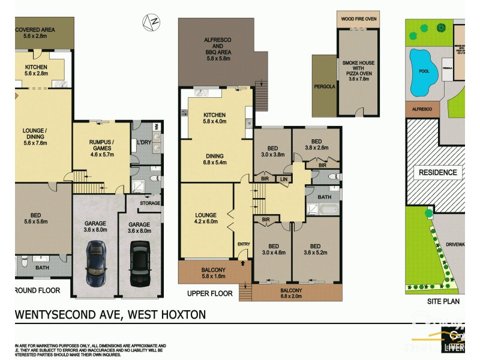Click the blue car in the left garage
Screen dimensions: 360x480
coord(96,265)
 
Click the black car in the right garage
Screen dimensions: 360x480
coord(139,264)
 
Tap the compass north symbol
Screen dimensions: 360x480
coord(151,22)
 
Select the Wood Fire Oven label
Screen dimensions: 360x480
coord(359,19)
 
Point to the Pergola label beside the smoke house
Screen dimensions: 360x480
coord(324,86)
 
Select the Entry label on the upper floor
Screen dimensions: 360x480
coord(244,244)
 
